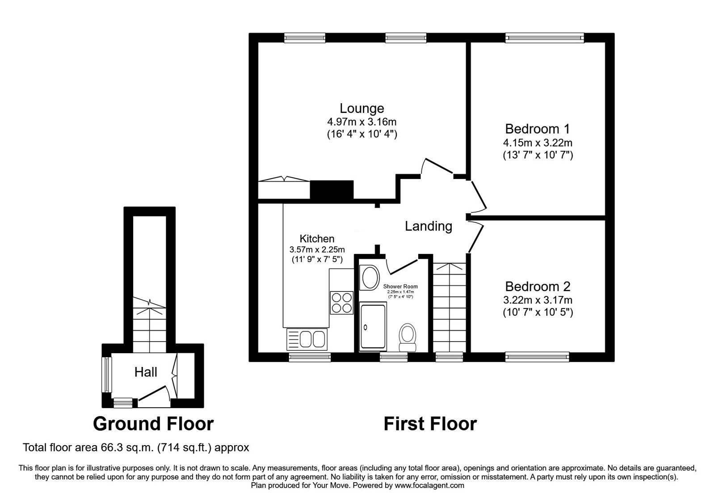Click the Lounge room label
(362, 108)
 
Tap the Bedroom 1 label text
(538, 129)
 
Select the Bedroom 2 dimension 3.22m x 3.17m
(538, 300)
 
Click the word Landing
(428, 226)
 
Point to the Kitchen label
(317, 239)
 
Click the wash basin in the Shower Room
(370, 277)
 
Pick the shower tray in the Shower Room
(373, 327)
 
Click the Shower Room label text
(400, 287)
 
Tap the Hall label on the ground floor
(146, 372)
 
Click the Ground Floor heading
(153, 423)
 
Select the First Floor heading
(430, 423)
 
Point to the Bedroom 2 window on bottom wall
(537, 356)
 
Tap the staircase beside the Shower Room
(449, 308)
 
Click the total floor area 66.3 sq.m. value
(135, 447)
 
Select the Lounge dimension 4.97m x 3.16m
(362, 121)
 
